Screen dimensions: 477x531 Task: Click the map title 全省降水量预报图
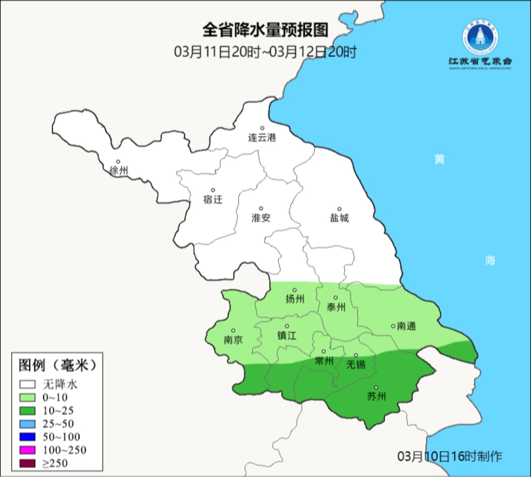(x=265, y=30)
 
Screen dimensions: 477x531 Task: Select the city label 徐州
(x=119, y=171)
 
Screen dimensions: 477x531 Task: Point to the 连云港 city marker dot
(x=262, y=128)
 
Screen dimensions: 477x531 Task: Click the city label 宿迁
(x=213, y=199)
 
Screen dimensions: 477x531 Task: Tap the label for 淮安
(x=261, y=218)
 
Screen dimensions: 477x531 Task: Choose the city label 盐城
(x=339, y=218)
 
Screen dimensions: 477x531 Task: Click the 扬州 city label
(x=295, y=299)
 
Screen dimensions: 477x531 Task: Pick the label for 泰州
(x=336, y=307)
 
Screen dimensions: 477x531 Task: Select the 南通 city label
(x=406, y=326)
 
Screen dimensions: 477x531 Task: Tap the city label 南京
(x=233, y=340)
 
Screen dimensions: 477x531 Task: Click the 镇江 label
(x=287, y=335)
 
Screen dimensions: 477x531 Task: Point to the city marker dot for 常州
(x=324, y=351)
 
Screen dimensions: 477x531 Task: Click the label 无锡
(x=356, y=364)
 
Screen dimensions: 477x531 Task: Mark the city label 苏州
(x=377, y=396)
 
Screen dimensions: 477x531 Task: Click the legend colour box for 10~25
(x=28, y=411)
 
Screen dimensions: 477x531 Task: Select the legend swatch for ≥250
(x=28, y=463)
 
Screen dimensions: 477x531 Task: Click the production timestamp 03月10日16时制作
(x=450, y=456)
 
